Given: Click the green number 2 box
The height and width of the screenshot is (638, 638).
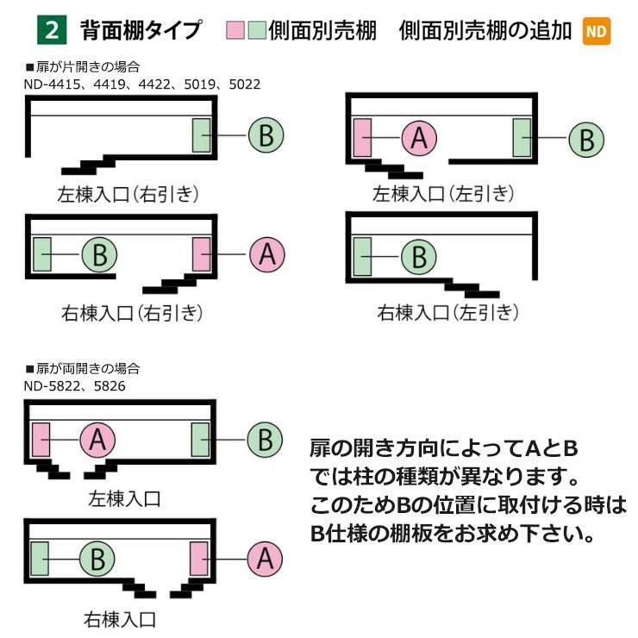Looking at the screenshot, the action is click(x=52, y=29).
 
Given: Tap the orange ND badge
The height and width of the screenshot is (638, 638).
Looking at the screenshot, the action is click(x=597, y=31).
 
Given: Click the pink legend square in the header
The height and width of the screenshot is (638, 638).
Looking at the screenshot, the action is click(x=235, y=30).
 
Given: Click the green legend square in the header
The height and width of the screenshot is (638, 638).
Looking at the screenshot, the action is click(x=257, y=30).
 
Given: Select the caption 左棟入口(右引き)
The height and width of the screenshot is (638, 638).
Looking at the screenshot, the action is click(x=128, y=194).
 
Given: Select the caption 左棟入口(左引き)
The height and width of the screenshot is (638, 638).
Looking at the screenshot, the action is click(x=443, y=194).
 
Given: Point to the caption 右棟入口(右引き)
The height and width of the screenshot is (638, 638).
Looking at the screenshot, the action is click(x=132, y=313).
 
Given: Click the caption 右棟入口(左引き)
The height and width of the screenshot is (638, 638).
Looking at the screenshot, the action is click(x=448, y=312).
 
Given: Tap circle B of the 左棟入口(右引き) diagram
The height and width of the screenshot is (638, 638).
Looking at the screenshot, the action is click(x=266, y=135).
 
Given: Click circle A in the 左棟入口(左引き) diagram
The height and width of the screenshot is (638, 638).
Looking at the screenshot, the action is click(x=419, y=138).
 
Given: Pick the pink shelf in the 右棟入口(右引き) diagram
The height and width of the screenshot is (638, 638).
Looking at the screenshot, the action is click(x=202, y=254).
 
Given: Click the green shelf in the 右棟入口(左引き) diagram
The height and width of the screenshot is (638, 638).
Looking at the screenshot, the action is click(x=362, y=257).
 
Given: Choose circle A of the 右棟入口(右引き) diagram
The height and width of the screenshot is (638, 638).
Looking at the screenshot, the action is click(x=267, y=254).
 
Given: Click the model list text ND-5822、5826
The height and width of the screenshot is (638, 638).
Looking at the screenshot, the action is click(x=74, y=385).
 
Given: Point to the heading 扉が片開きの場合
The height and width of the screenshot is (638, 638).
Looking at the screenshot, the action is click(x=83, y=66).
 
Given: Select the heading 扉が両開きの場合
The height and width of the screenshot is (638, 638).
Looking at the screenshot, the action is click(x=83, y=369).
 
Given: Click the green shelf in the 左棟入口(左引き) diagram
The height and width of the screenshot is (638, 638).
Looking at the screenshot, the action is click(x=522, y=138).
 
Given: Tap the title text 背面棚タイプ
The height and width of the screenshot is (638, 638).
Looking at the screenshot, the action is click(x=141, y=30).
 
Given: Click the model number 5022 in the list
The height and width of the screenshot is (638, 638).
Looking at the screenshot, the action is click(x=245, y=84).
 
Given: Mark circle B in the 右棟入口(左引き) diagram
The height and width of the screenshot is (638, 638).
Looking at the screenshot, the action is click(x=419, y=257).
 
